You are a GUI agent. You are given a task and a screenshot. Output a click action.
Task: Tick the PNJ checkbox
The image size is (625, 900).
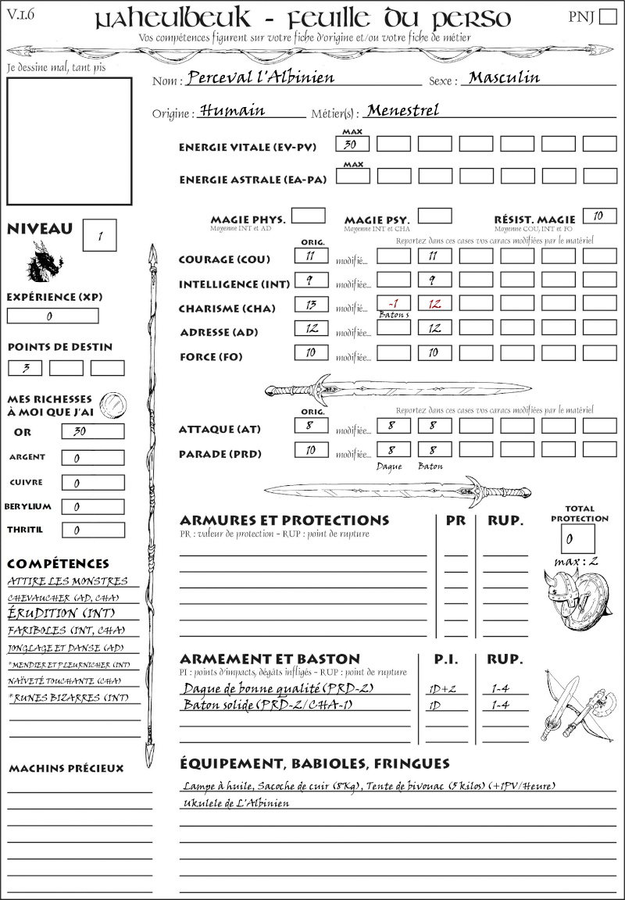[607, 18]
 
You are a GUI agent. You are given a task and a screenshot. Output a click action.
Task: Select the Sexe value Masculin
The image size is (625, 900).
[504, 77]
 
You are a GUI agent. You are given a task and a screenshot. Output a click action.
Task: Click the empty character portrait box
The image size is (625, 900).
[69, 141]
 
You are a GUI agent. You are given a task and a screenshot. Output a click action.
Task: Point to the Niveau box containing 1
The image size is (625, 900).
[101, 235]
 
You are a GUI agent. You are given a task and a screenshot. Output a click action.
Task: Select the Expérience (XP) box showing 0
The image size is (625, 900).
[52, 316]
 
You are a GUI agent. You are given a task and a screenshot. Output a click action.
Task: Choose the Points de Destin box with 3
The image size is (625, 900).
[25, 368]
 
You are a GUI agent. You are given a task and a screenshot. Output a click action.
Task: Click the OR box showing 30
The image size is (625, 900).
[92, 431]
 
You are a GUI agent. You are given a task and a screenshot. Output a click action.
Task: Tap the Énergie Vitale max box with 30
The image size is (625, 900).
[352, 144]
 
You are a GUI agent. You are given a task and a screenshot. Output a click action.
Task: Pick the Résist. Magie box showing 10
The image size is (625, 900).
[599, 216]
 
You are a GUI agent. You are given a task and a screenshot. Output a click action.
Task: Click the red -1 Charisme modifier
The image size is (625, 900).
[393, 303]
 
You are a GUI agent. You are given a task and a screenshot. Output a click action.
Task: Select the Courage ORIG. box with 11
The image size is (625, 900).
[310, 255]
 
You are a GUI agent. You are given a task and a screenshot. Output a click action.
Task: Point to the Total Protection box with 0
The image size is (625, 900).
[577, 538]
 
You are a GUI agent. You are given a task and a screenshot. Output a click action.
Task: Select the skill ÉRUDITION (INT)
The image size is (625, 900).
[54, 614]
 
